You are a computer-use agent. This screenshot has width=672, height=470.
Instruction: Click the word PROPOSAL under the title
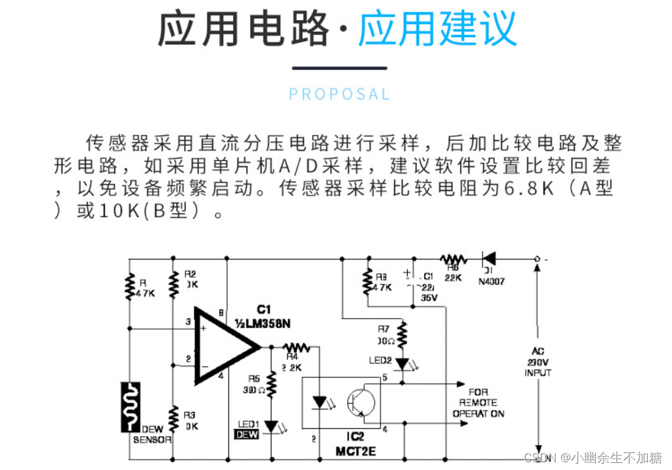coord(339,94)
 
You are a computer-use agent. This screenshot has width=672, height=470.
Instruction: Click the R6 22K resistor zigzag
coord(454,259)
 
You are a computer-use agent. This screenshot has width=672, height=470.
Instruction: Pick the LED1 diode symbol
coord(271,427)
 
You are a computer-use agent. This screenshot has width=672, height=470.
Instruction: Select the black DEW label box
coord(247,435)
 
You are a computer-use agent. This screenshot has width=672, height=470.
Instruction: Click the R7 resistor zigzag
coord(402,334)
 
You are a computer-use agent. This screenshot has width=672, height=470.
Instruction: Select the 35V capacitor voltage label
coord(429,297)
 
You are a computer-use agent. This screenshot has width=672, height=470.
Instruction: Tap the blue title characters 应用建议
coord(437,29)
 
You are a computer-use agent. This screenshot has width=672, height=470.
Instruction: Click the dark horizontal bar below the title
coord(339,68)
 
